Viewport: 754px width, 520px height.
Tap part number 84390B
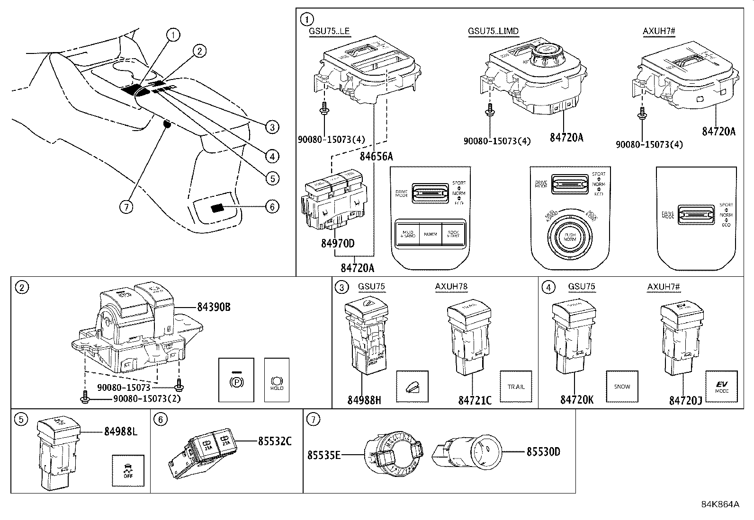[x=214, y=307]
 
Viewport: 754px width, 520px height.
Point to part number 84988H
[x=364, y=400]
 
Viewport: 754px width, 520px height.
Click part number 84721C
[x=475, y=400]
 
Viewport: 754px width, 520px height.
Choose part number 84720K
[x=576, y=400]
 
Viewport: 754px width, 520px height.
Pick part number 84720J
[x=685, y=400]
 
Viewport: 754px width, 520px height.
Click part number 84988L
[x=121, y=432]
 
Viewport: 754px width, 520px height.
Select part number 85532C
[x=275, y=441]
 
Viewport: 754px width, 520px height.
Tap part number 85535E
[x=324, y=455]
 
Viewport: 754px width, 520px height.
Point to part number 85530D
[x=543, y=452]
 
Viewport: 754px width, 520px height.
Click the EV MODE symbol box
[x=722, y=387]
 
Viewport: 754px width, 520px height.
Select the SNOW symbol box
[x=622, y=387]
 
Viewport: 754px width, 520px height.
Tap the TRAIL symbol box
[x=516, y=387]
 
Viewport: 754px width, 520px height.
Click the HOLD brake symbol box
[x=277, y=380]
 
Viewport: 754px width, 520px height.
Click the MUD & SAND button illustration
[x=407, y=234]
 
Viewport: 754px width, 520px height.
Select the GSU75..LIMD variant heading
[x=493, y=31]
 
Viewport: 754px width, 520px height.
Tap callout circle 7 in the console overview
[x=126, y=207]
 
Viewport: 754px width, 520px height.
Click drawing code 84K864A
[x=720, y=504]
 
